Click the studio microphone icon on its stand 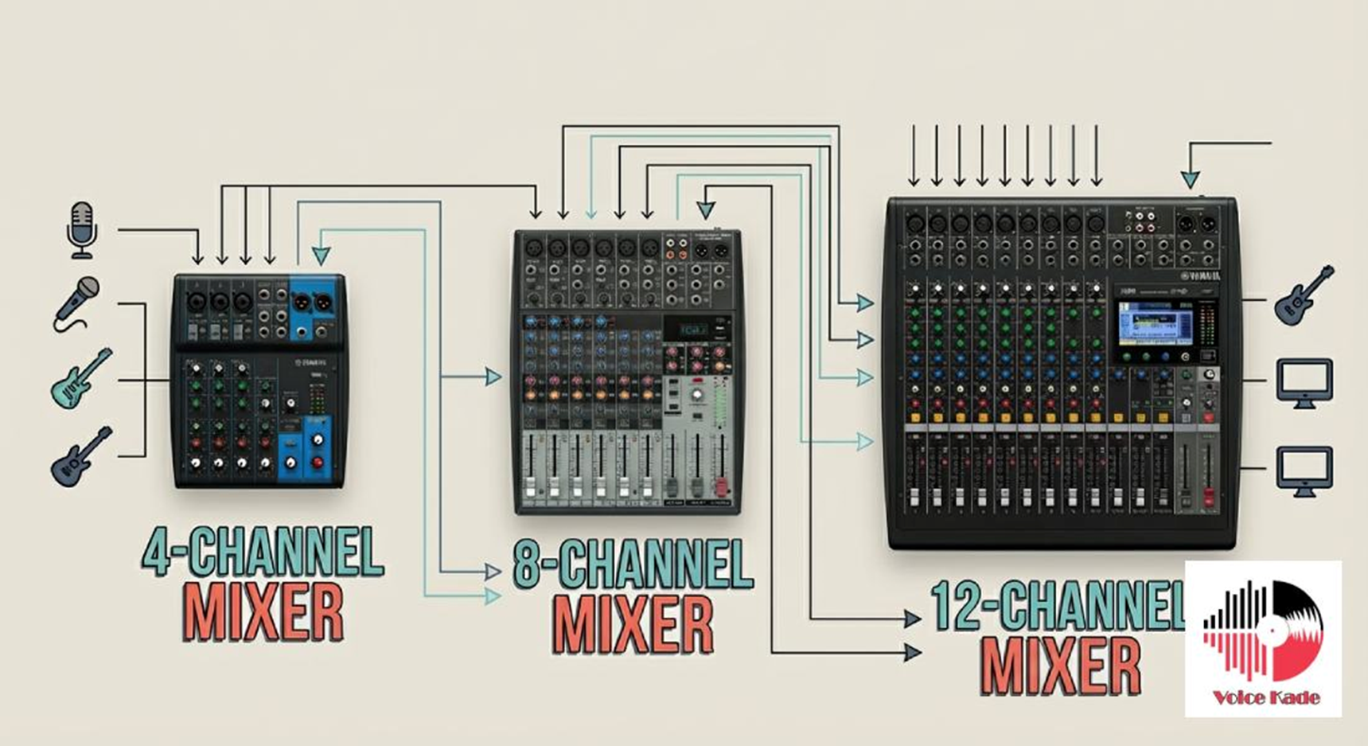[x=82, y=229]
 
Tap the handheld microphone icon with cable [x=77, y=303]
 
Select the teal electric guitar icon [x=80, y=378]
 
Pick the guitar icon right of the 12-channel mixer [x=1303, y=295]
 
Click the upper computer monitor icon [x=1304, y=383]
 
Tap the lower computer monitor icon [x=1304, y=471]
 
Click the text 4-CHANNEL [x=263, y=551]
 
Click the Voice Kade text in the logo [x=1265, y=698]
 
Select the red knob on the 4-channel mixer [x=318, y=462]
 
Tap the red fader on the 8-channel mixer [x=722, y=486]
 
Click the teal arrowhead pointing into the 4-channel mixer [x=321, y=256]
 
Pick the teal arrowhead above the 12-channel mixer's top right [x=1190, y=180]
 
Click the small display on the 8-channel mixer [x=692, y=329]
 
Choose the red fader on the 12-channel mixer [x=1208, y=498]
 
